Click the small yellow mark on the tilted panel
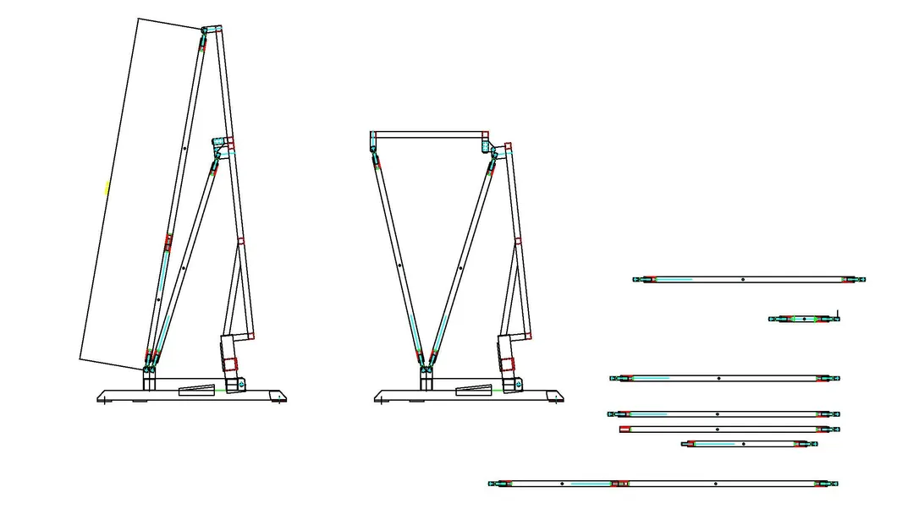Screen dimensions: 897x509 (x=107, y=188)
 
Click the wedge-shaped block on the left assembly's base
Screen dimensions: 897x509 (x=197, y=390)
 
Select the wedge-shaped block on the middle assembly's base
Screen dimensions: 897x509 (x=474, y=389)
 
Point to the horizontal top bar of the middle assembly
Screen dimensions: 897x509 (x=428, y=134)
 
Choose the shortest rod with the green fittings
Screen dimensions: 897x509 (x=803, y=319)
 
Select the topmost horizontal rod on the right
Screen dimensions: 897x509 (x=750, y=279)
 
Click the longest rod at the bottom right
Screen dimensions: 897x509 (x=663, y=484)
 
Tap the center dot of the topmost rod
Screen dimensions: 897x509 (x=742, y=279)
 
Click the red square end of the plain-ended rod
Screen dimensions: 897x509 (x=625, y=430)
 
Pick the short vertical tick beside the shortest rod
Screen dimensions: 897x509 (x=836, y=314)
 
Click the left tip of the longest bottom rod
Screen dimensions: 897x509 (x=491, y=484)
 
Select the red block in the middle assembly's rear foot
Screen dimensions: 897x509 (x=508, y=365)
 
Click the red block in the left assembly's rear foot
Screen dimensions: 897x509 (x=231, y=366)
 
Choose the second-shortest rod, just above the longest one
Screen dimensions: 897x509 (x=750, y=444)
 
